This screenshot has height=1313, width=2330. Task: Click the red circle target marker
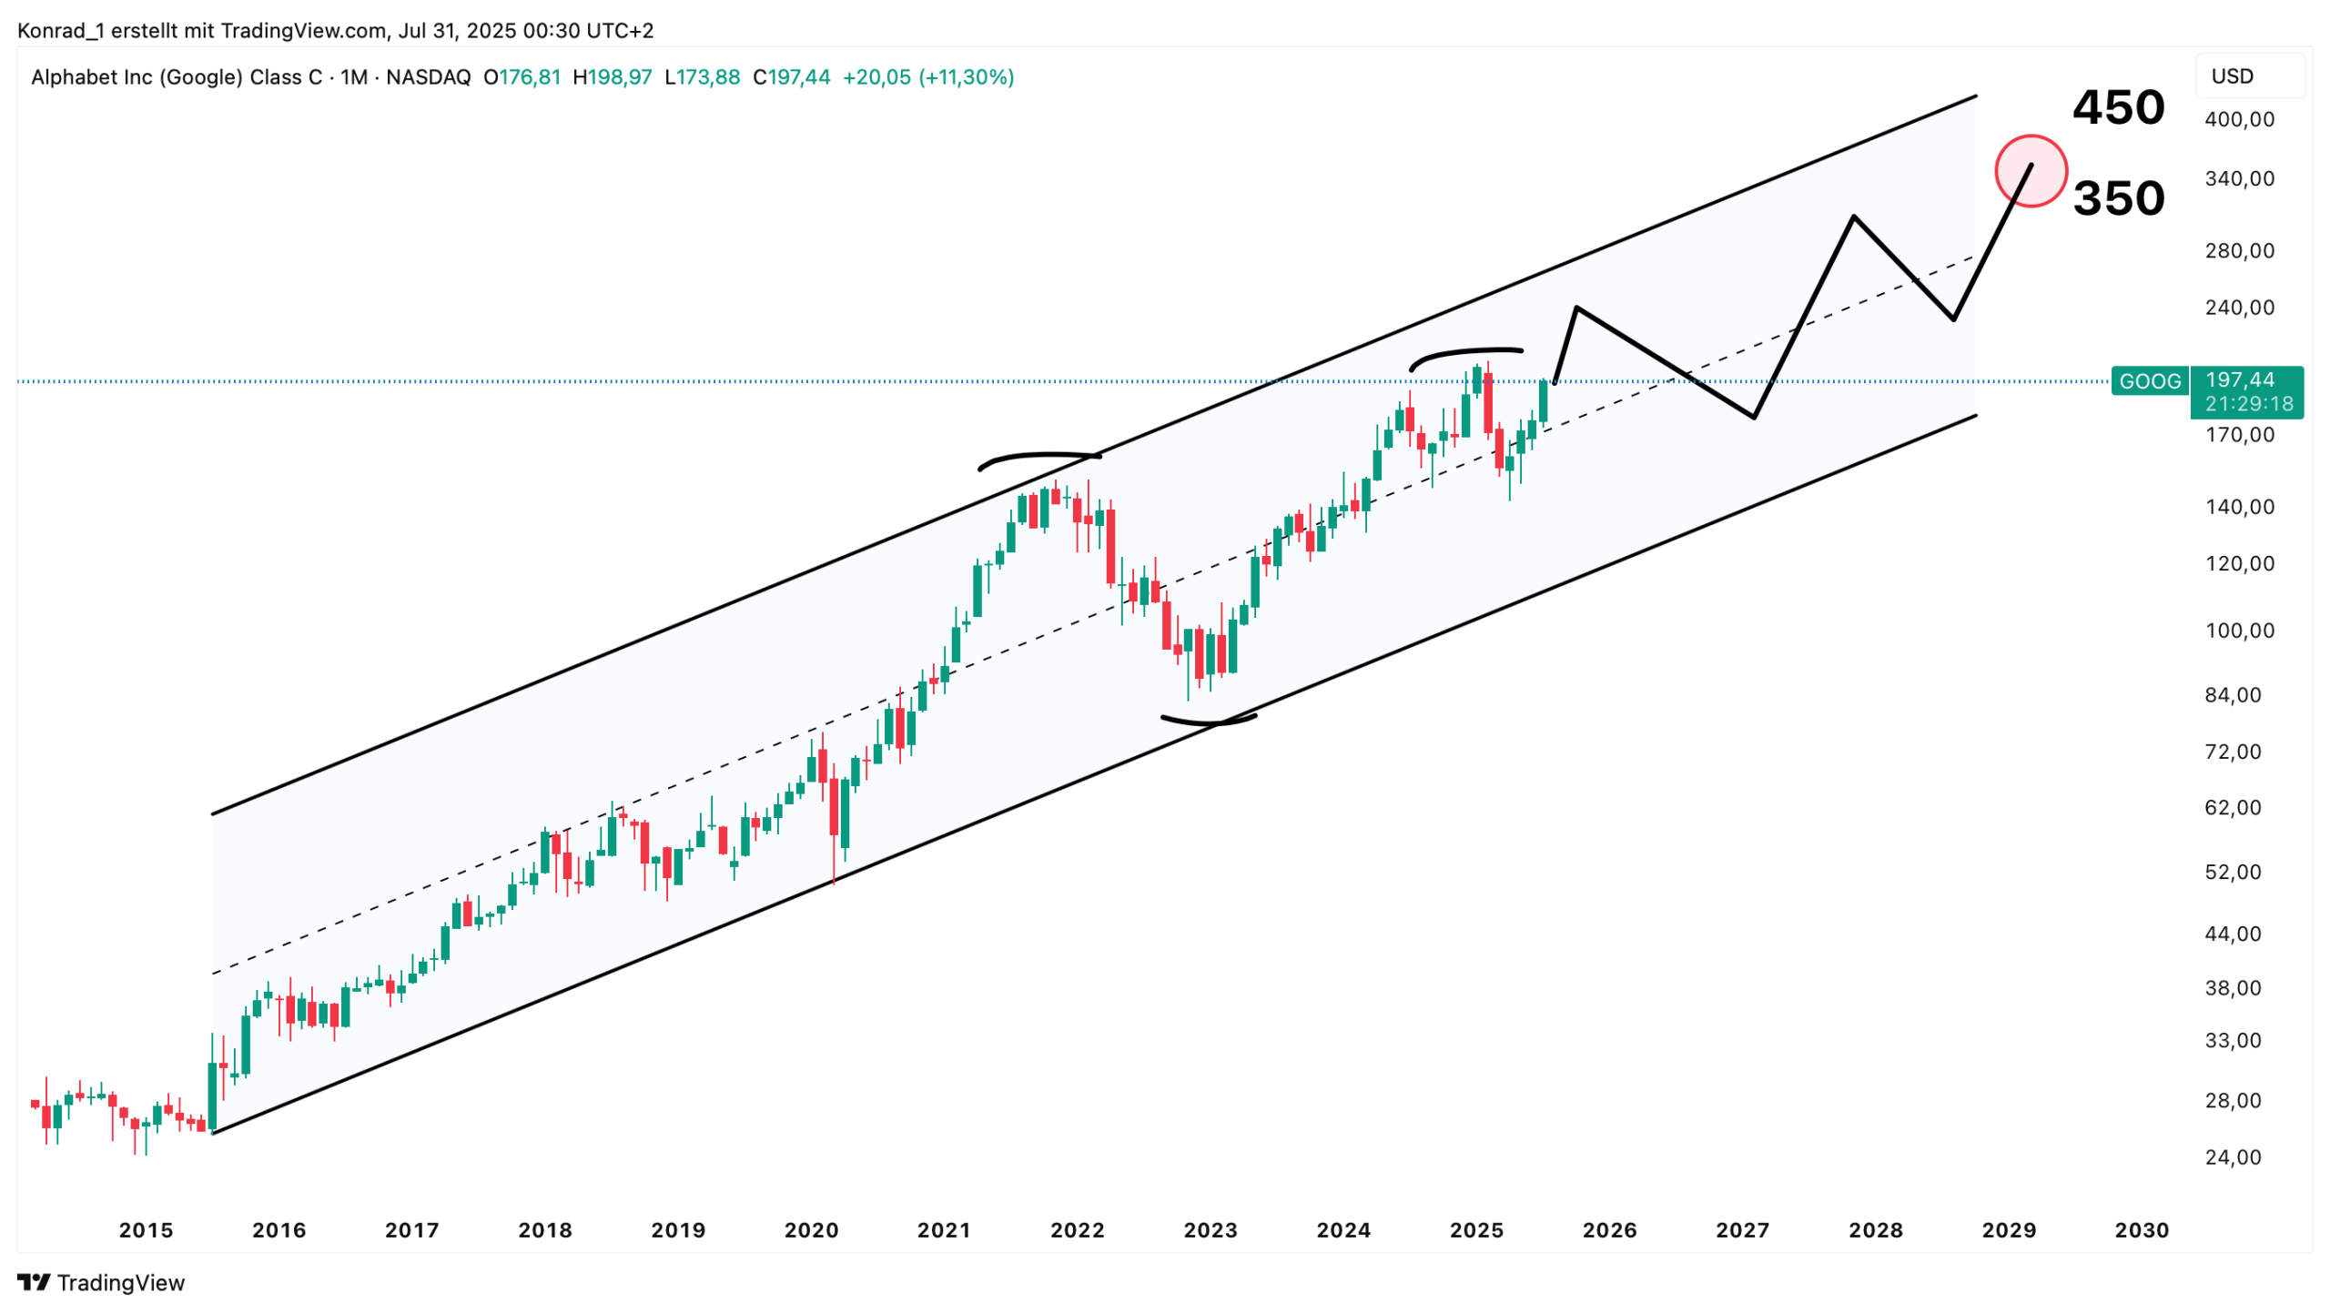tap(2030, 170)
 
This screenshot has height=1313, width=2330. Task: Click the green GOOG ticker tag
tap(2149, 380)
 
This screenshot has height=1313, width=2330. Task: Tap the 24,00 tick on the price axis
tap(2232, 1157)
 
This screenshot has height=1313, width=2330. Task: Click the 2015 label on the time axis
tap(146, 1230)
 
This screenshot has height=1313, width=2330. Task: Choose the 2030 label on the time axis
tap(2141, 1230)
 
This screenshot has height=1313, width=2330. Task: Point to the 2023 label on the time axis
tap(1210, 1230)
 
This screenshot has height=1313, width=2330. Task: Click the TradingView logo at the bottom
tap(101, 1283)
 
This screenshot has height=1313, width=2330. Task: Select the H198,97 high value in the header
tap(612, 77)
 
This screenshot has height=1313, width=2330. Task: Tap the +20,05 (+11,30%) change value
tap(927, 77)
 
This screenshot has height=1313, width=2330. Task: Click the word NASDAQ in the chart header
tap(428, 77)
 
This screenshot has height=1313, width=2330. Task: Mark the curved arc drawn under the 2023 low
tap(1209, 722)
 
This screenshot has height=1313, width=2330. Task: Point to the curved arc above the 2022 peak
tap(1038, 455)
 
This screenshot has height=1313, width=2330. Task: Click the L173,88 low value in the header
tap(702, 77)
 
